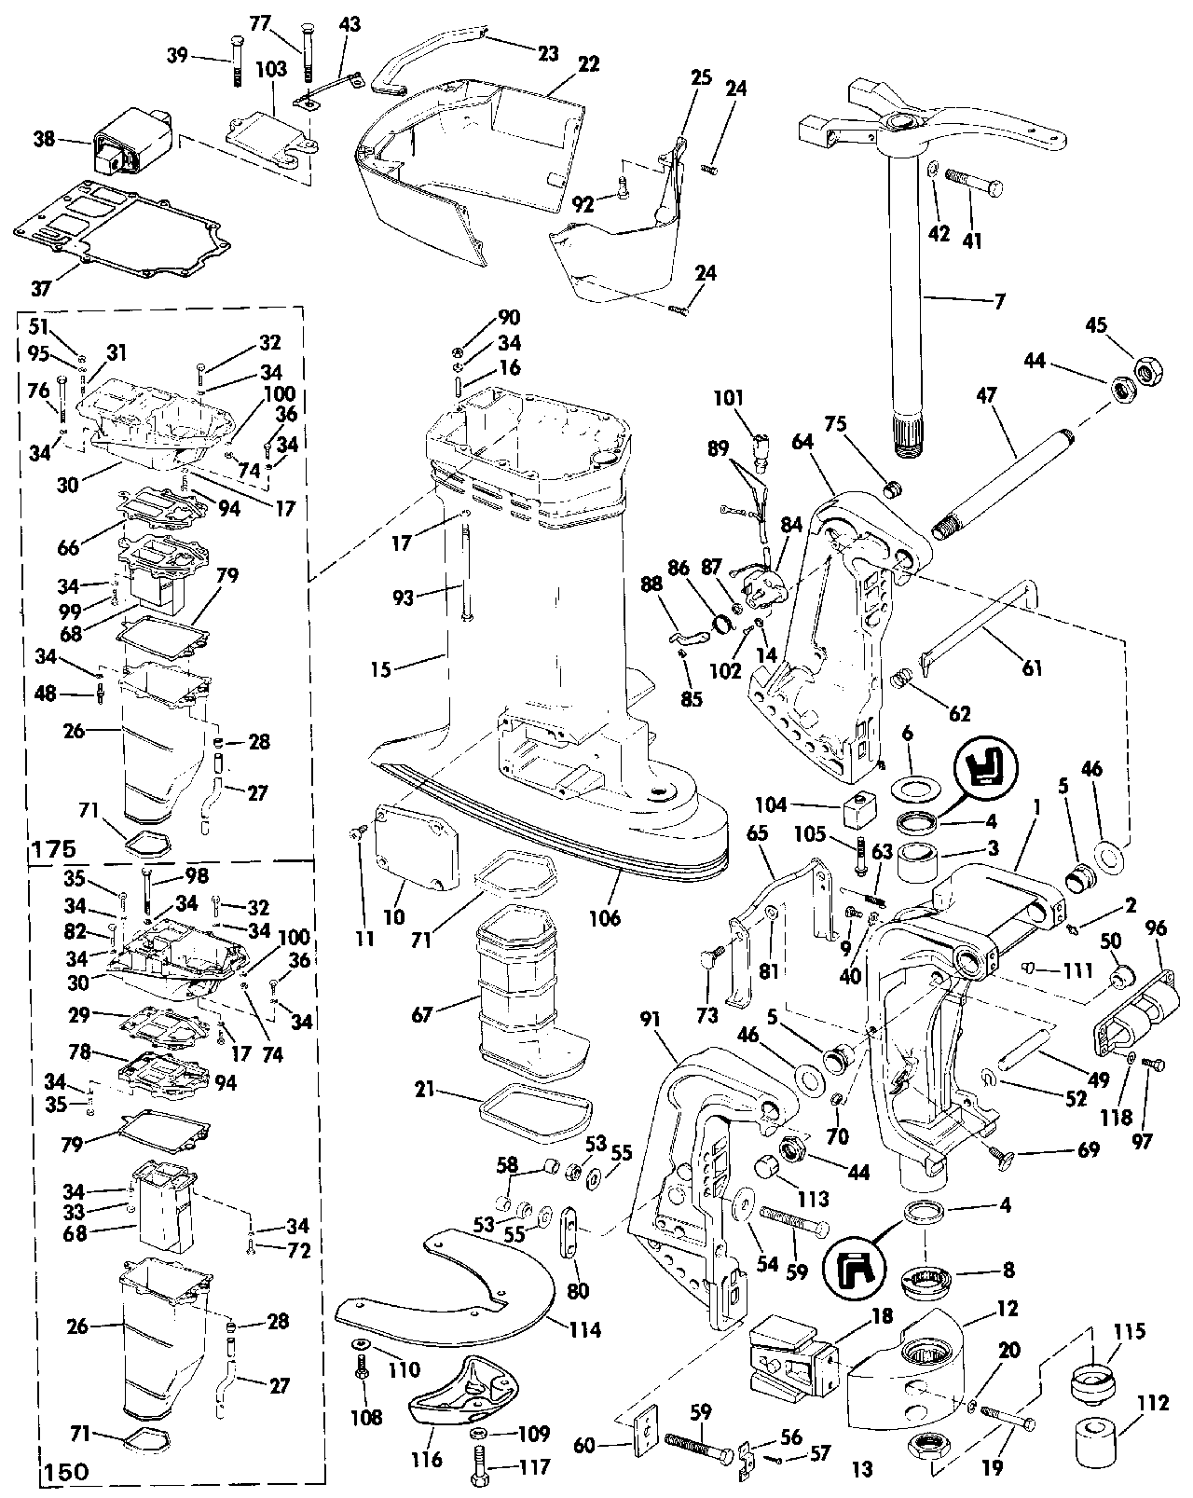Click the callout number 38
point(43,140)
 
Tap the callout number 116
point(427,1458)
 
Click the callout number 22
point(587,65)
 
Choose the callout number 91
point(651,1020)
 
